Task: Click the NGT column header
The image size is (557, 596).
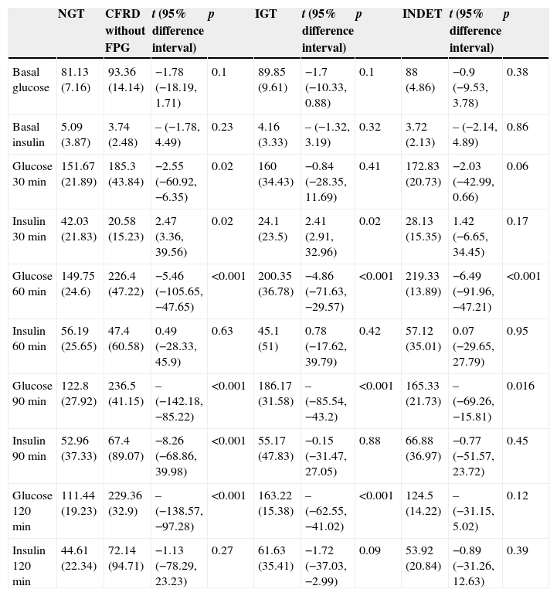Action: (71, 15)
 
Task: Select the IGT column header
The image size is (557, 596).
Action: (267, 15)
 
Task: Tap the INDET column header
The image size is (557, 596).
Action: (422, 15)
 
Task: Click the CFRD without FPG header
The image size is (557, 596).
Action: (125, 31)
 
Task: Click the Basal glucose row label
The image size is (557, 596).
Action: (31, 80)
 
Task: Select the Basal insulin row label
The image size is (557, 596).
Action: (29, 135)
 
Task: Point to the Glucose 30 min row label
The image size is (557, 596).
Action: (32, 174)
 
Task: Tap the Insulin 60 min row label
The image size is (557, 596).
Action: (29, 339)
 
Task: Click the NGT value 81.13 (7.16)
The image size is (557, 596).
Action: (76, 80)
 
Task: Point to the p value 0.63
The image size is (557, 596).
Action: (221, 332)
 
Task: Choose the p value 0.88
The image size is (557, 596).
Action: (369, 441)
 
